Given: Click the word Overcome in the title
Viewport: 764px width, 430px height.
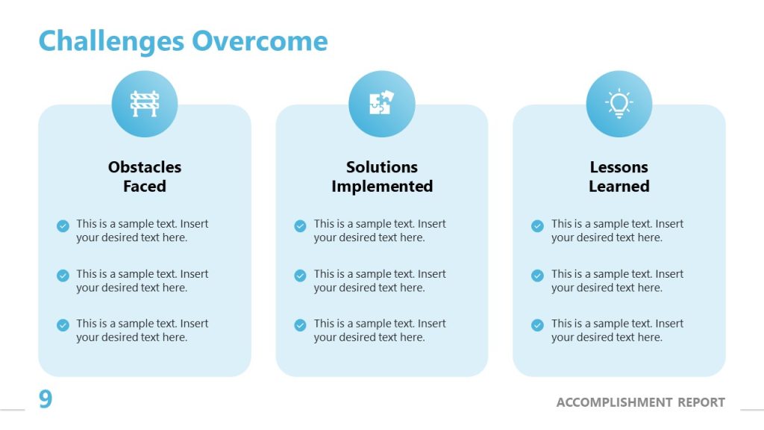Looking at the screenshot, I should (x=260, y=41).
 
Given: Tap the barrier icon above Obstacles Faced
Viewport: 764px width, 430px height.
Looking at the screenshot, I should (x=145, y=104).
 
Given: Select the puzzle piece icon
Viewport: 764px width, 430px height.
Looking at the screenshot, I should (x=381, y=104).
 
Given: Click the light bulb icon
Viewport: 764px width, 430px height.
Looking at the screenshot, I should (x=619, y=104).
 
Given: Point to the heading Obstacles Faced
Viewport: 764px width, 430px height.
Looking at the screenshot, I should (x=145, y=177).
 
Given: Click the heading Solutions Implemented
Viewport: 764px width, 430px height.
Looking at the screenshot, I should (x=382, y=177).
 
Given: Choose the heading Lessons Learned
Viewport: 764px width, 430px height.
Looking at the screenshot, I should (x=619, y=177).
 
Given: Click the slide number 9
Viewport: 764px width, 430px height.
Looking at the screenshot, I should (x=46, y=400).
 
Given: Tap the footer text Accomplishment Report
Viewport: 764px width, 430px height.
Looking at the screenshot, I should (x=640, y=402).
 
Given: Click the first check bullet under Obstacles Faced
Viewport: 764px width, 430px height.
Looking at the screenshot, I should (x=63, y=225).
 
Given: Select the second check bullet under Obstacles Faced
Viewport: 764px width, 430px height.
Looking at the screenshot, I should (x=63, y=275).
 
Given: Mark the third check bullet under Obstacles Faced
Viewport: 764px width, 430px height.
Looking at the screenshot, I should (x=63, y=325).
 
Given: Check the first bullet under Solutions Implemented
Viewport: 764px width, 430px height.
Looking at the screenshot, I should (x=300, y=225).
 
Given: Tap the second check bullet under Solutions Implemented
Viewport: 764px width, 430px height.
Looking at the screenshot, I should (x=300, y=275).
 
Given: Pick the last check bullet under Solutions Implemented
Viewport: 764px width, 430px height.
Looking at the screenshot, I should (x=300, y=325).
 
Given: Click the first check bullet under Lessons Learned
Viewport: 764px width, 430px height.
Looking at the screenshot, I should (x=537, y=225).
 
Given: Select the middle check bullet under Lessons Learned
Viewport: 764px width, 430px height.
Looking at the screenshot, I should (x=537, y=275).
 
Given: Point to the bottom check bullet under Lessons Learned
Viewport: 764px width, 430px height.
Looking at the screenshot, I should (x=537, y=325).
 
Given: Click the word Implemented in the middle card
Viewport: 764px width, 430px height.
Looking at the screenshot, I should (x=382, y=187).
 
